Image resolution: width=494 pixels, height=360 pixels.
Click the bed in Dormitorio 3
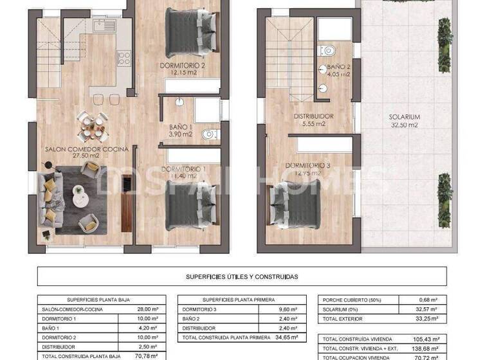pos(297,204)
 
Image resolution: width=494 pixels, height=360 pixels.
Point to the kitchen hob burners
pos(123,59)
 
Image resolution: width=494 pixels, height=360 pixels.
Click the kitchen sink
pos(101,26)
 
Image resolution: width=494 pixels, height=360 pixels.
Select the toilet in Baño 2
pos(328,50)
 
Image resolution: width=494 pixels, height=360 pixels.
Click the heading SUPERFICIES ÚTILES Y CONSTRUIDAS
pos(242,276)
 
